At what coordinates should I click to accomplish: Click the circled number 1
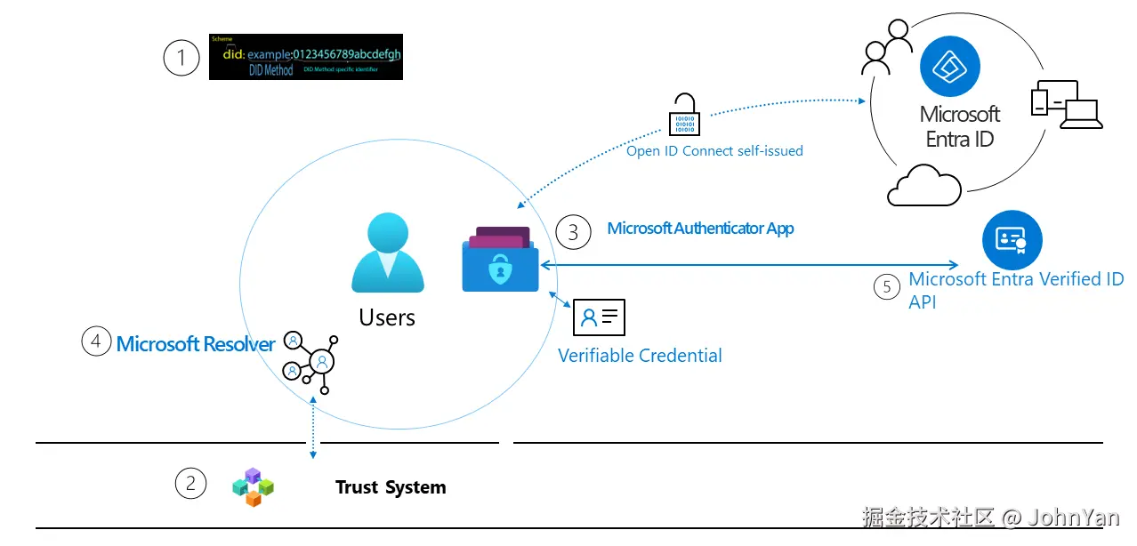tap(182, 58)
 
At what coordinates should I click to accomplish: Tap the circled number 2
tap(190, 484)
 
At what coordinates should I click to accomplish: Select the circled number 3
tap(573, 231)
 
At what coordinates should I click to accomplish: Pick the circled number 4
tap(96, 341)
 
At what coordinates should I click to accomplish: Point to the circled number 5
tap(886, 286)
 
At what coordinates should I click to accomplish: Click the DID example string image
tap(306, 57)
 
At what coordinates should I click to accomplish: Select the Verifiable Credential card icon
tap(600, 316)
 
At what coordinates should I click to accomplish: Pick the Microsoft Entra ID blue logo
tap(950, 66)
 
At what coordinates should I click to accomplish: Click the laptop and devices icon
tap(1066, 105)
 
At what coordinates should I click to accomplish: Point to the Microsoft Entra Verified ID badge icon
tap(1012, 239)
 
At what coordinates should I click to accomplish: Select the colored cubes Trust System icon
tap(253, 486)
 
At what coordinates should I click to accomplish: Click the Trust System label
tap(391, 487)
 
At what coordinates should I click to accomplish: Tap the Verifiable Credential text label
tap(640, 356)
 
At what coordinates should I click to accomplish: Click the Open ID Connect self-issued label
tap(714, 151)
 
